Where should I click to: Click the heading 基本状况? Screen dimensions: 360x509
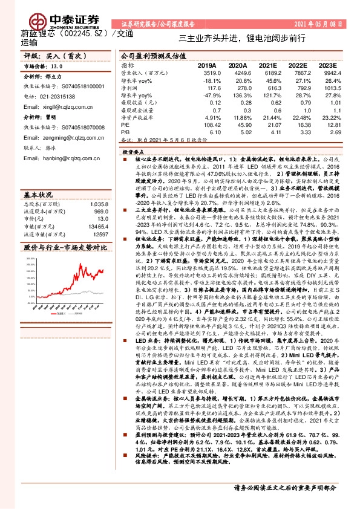[x=38, y=180]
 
